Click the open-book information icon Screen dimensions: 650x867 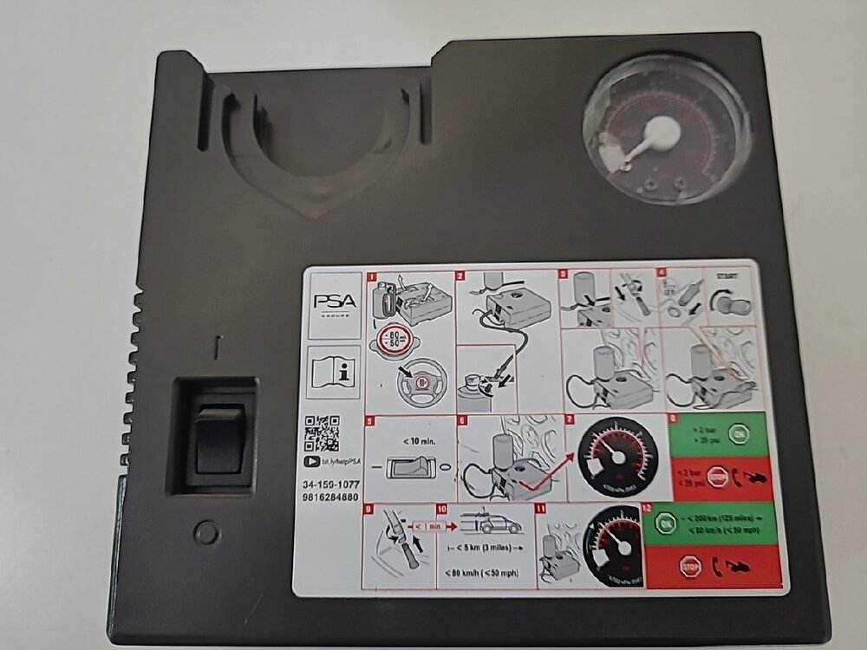[x=335, y=372]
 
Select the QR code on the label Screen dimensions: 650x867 [x=323, y=433]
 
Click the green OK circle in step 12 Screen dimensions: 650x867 [x=666, y=526]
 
